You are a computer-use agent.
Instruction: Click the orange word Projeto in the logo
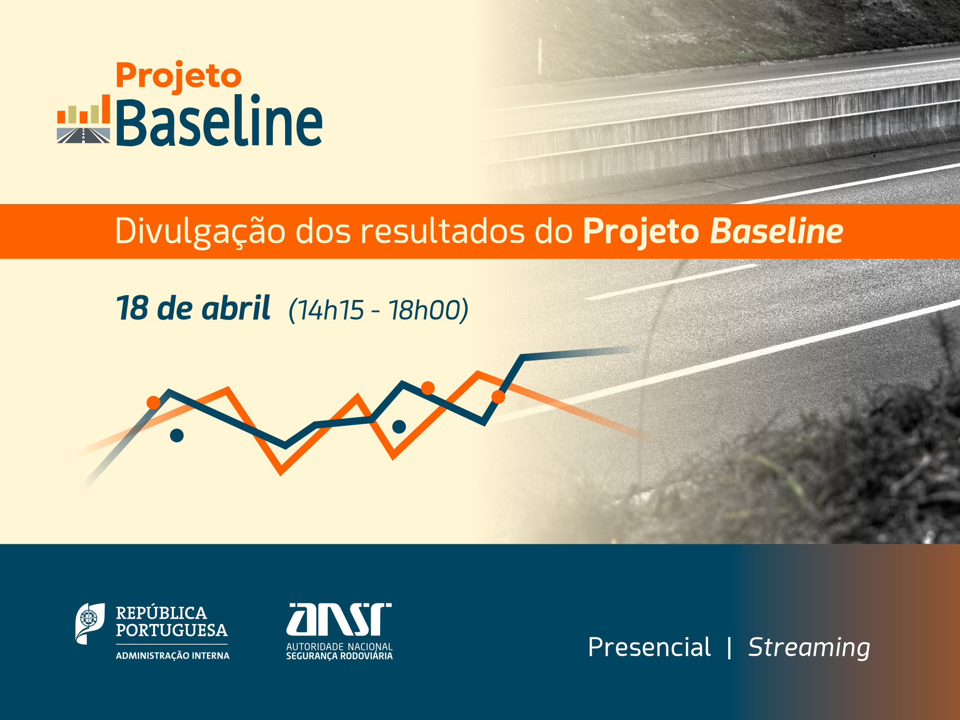179,77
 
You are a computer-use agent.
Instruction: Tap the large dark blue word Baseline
219,120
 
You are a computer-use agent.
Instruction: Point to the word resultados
442,231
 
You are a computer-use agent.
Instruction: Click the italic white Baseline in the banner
777,231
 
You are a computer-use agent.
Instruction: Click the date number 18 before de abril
132,308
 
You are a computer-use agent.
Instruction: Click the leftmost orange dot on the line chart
154,402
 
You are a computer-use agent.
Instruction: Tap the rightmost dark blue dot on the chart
399,426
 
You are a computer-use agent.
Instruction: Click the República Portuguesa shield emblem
90,623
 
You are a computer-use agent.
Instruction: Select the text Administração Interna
172,656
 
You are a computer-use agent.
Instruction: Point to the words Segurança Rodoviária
339,656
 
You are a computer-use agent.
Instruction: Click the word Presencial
649,647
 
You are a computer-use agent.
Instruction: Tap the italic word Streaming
809,648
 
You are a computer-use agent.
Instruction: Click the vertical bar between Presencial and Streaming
730,648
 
